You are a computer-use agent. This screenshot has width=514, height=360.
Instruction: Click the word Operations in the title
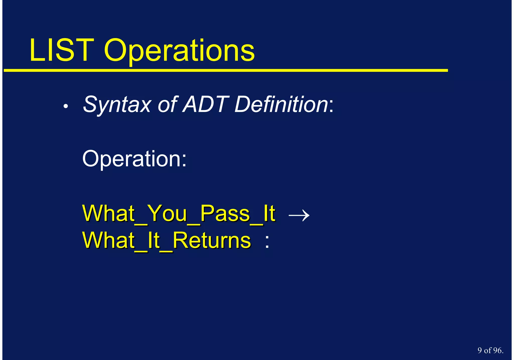coord(179,52)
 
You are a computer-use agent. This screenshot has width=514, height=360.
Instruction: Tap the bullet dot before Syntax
coord(66,107)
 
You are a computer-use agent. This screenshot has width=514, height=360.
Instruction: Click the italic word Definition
coord(281,104)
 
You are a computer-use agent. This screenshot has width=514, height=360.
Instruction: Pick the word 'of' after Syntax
coord(167,105)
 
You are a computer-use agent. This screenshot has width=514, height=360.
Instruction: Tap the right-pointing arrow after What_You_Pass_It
coord(299,215)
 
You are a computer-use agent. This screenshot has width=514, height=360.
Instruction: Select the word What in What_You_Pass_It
coord(108,214)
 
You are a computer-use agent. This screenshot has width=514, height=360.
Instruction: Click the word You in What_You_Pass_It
coord(167,214)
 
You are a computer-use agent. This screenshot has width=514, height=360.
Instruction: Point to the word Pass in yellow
coord(225,214)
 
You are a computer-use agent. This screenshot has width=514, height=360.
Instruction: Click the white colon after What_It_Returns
coord(267,242)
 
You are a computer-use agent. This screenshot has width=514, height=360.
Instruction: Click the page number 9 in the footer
coord(480,350)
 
